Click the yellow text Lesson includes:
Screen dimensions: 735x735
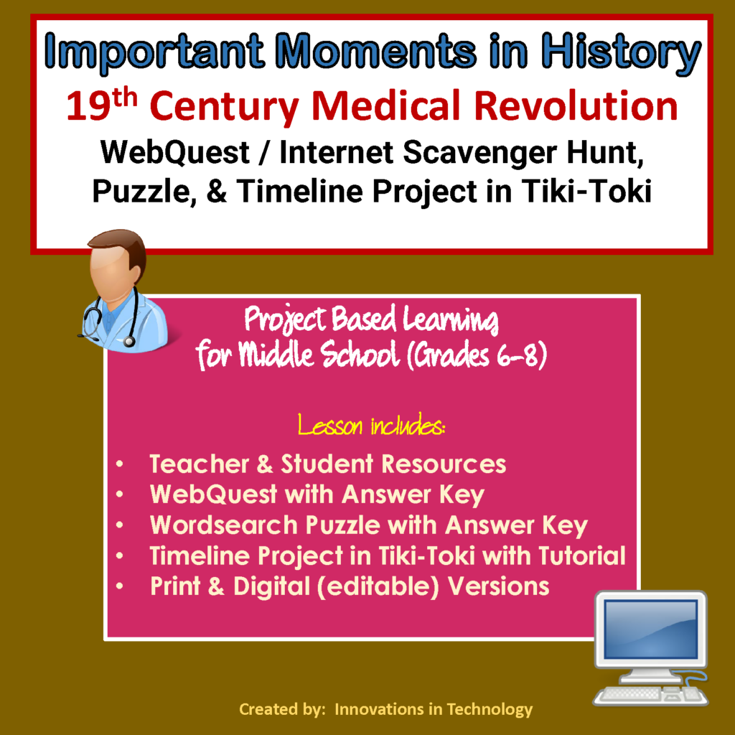pyautogui.click(x=371, y=428)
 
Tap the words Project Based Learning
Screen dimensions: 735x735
pyautogui.click(x=371, y=321)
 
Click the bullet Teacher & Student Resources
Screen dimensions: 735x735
pyautogui.click(x=327, y=464)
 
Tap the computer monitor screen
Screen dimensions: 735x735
pyautogui.click(x=650, y=629)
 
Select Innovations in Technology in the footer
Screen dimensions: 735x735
pyautogui.click(x=434, y=710)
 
